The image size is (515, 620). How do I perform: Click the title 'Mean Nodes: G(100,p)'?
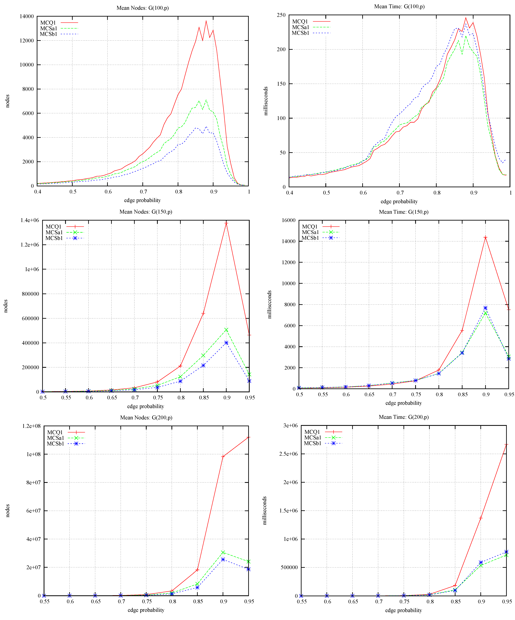click(143, 8)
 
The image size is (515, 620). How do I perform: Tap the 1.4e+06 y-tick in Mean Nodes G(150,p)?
click(30, 220)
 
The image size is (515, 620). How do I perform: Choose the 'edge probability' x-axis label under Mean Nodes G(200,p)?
click(146, 610)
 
